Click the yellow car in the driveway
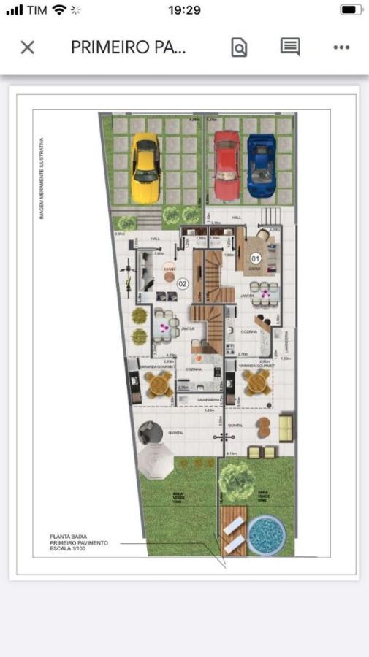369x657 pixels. click(x=145, y=168)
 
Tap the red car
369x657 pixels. click(x=227, y=166)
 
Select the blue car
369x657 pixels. click(x=260, y=166)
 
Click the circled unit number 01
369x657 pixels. click(x=256, y=258)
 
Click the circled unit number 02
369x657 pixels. click(x=183, y=283)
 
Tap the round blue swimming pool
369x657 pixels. click(x=266, y=535)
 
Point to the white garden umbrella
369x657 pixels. click(x=155, y=461)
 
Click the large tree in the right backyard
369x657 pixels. click(x=237, y=479)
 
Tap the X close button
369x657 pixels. click(x=27, y=47)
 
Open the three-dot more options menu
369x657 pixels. click(x=341, y=47)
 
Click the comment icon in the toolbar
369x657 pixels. click(x=290, y=47)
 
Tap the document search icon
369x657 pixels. click(x=239, y=48)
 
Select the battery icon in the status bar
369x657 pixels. click(x=351, y=10)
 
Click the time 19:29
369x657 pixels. click(x=184, y=10)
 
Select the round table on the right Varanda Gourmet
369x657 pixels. click(x=256, y=380)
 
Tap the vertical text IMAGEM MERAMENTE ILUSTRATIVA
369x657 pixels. click(x=42, y=178)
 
